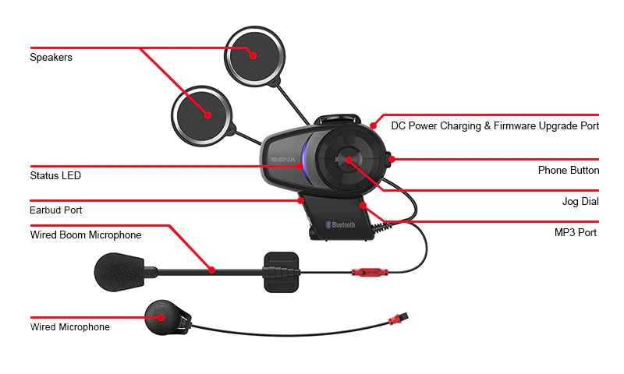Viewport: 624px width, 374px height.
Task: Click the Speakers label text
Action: click(x=51, y=57)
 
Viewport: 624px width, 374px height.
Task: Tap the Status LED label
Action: click(x=55, y=175)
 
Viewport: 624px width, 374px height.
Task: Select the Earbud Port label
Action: click(x=55, y=210)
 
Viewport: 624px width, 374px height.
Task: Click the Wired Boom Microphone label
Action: click(x=86, y=235)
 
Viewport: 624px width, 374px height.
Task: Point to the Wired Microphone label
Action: click(x=70, y=327)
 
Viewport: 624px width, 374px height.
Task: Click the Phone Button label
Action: click(x=569, y=170)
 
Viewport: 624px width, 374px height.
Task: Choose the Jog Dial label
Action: click(x=580, y=202)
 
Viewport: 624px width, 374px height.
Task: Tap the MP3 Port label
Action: click(x=576, y=232)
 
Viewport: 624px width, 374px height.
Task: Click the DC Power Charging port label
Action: click(x=495, y=126)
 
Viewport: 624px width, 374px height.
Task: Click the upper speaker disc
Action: click(x=255, y=56)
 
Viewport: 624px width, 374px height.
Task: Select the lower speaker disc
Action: click(x=201, y=115)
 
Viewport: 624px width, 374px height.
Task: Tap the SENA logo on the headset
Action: click(x=283, y=160)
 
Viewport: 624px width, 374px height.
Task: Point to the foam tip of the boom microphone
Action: click(x=119, y=272)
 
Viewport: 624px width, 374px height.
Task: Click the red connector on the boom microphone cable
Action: click(x=370, y=273)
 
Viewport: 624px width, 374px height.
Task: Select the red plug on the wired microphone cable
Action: click(x=398, y=319)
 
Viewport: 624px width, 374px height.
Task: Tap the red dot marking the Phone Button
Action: click(x=392, y=160)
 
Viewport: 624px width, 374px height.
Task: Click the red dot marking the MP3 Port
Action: click(x=363, y=206)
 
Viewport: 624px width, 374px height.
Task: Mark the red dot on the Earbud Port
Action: click(x=301, y=201)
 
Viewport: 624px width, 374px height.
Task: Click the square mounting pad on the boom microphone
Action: click(x=282, y=272)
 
